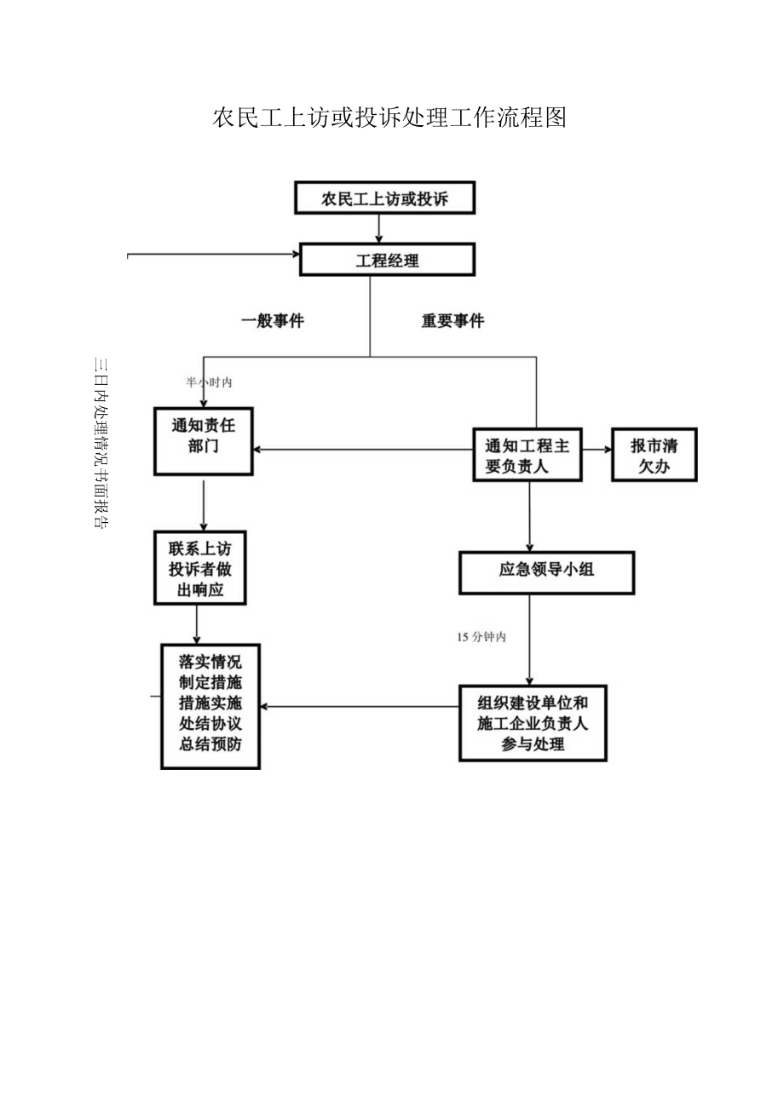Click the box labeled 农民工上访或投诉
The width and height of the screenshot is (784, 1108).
click(383, 198)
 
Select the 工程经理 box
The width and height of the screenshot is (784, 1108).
click(387, 260)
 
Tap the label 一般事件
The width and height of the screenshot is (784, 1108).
click(273, 321)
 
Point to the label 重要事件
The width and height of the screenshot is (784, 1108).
click(453, 321)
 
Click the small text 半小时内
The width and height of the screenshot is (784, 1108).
click(209, 382)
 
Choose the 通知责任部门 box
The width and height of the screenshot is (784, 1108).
click(203, 440)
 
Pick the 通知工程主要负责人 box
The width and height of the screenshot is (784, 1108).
click(527, 456)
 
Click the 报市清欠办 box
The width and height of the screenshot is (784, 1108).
click(654, 456)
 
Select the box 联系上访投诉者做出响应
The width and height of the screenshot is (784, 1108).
click(199, 568)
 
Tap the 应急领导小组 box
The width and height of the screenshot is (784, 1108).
click(546, 571)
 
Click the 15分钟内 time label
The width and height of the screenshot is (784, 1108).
click(481, 636)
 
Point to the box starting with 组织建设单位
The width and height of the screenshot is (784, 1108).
click(533, 723)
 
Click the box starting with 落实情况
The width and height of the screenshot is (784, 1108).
click(210, 706)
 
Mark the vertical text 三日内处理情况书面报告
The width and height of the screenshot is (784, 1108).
click(100, 443)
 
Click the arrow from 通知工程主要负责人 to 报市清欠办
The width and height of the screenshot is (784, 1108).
click(597, 449)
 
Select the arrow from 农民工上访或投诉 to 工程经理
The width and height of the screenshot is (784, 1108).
click(379, 228)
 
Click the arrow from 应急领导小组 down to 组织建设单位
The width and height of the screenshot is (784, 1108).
click(529, 639)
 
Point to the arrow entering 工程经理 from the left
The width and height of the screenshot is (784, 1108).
click(213, 254)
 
